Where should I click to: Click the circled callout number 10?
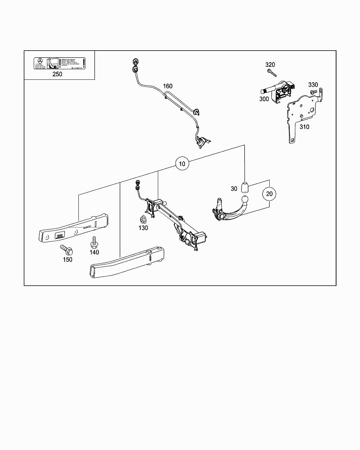click(182, 164)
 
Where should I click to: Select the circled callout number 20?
click(269, 194)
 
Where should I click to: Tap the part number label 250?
click(57, 74)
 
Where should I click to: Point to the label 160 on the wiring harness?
click(167, 86)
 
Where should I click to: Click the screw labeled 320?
click(271, 73)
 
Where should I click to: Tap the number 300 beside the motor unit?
click(264, 99)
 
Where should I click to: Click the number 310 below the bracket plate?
click(304, 127)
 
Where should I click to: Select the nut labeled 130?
click(143, 220)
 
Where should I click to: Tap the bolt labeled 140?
click(94, 242)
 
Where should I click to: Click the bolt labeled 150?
click(67, 250)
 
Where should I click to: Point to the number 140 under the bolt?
click(94, 252)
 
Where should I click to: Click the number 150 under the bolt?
click(67, 259)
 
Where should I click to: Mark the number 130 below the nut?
click(143, 228)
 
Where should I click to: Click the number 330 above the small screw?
click(313, 85)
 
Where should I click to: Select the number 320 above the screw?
click(270, 65)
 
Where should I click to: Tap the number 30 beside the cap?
click(234, 189)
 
